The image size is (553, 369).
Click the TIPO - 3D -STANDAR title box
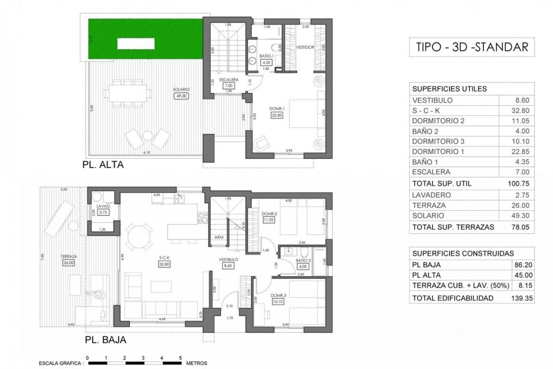470,48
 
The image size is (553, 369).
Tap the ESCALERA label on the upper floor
227,80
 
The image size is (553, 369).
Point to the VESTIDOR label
306,47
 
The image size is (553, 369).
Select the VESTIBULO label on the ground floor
229,259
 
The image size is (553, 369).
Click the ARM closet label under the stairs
219,237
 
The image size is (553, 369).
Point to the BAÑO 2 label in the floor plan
303,260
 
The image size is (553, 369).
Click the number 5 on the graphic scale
180,358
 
